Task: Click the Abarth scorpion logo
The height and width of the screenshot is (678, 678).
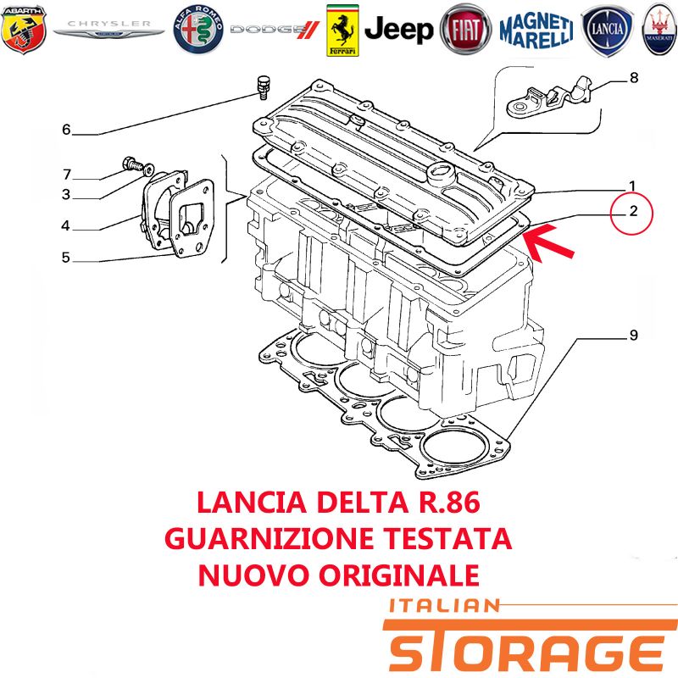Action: pyautogui.click(x=24, y=30)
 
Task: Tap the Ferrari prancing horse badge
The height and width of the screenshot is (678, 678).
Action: pyautogui.click(x=342, y=31)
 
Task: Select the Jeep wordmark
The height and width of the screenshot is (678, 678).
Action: pyautogui.click(x=398, y=30)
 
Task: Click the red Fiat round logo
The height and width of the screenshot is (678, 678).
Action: pyautogui.click(x=465, y=30)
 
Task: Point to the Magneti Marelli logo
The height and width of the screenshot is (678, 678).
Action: pyautogui.click(x=536, y=30)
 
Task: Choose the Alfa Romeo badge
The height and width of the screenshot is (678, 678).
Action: pyautogui.click(x=198, y=30)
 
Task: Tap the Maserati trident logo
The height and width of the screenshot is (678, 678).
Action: pyautogui.click(x=659, y=30)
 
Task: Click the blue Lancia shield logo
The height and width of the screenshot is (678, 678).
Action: pyautogui.click(x=608, y=31)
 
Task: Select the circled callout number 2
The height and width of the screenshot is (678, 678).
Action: pyautogui.click(x=633, y=211)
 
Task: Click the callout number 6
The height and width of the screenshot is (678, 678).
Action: pyautogui.click(x=66, y=130)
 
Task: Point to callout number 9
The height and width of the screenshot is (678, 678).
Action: pyautogui.click(x=633, y=335)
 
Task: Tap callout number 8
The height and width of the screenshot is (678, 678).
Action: pyautogui.click(x=634, y=78)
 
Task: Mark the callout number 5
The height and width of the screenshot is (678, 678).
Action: pyautogui.click(x=66, y=258)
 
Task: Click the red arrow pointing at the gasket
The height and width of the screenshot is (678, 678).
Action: pyautogui.click(x=548, y=243)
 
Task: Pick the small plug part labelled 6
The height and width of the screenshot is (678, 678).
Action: pyautogui.click(x=263, y=87)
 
